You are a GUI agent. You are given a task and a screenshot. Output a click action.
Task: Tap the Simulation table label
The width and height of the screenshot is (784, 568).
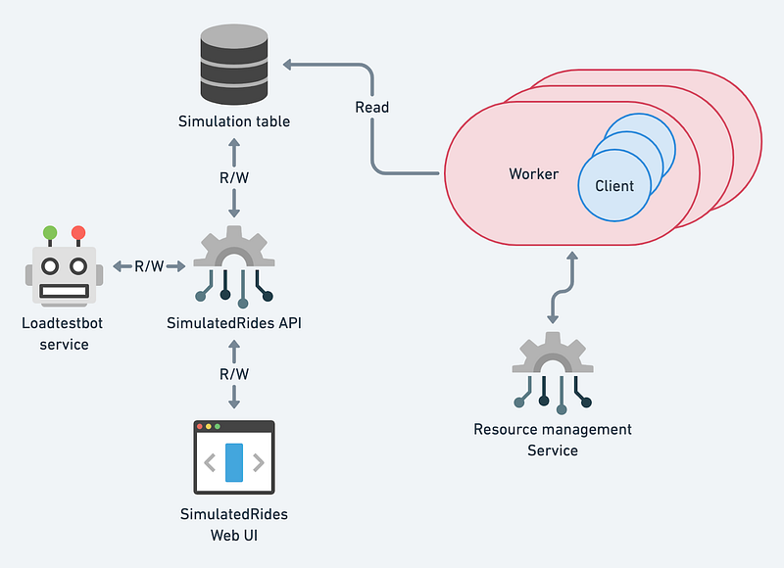[234, 121]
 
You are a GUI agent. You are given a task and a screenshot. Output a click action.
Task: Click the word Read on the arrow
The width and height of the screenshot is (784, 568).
[371, 107]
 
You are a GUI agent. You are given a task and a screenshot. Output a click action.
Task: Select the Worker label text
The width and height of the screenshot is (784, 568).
[533, 174]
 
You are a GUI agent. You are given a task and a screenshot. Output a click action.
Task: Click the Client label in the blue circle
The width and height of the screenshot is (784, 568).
[614, 185]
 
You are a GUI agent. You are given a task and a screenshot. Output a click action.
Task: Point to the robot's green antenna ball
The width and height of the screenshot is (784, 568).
[50, 234]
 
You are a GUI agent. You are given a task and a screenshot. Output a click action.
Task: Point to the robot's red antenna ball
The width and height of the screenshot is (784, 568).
[78, 233]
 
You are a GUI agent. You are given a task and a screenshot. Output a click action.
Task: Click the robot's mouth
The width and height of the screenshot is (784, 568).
[65, 290]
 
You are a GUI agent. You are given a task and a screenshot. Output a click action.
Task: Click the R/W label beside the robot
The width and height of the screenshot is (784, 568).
[149, 265]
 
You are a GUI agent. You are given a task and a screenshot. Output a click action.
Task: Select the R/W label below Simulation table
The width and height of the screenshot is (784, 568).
[234, 178]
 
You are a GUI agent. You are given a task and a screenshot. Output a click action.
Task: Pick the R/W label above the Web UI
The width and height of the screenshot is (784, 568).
[234, 374]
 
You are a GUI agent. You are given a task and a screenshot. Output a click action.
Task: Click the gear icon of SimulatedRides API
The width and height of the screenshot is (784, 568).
[233, 257]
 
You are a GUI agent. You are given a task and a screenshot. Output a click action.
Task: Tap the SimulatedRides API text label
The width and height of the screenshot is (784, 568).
[233, 323]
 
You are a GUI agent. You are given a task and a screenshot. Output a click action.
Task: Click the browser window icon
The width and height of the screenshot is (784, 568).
[233, 457]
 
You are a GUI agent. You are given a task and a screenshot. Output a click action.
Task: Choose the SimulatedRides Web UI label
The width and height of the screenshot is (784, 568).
[233, 525]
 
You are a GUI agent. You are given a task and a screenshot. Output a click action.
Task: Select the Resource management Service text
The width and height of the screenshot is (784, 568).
[553, 440]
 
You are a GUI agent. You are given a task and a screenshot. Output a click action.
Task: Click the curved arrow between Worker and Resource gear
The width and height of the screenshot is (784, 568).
[562, 288]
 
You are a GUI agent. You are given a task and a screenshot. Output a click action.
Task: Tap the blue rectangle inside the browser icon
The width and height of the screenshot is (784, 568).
[233, 462]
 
